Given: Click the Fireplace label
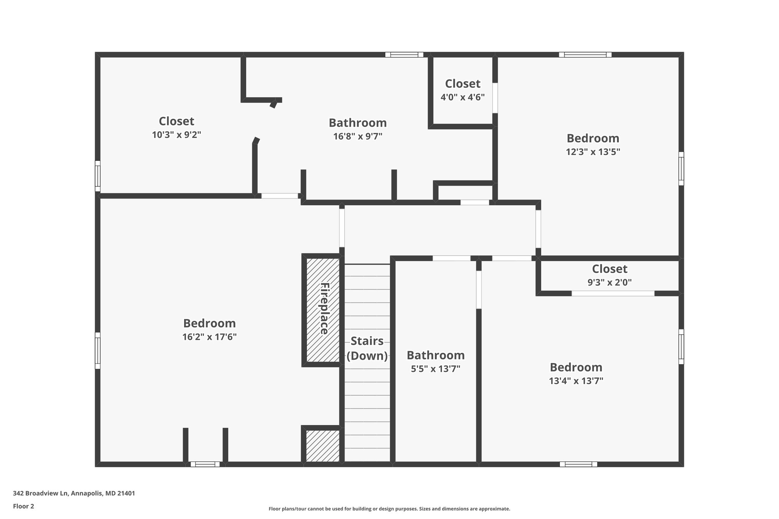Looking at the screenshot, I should (324, 309).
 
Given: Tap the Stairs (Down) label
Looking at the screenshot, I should (367, 348).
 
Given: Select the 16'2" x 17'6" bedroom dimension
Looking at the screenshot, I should (210, 337).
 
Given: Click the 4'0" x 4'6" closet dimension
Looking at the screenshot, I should (463, 97).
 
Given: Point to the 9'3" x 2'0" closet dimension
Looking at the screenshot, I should (609, 283).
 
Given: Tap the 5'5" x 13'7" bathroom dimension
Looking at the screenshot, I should (436, 369).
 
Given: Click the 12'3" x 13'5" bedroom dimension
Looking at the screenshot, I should (593, 152).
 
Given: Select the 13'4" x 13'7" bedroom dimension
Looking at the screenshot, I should (576, 381).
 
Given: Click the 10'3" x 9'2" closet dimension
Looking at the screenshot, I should (176, 135).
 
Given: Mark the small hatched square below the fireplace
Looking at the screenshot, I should (323, 446).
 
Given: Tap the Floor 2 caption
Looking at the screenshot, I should (24, 506).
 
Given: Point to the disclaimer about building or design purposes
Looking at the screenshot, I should (389, 509).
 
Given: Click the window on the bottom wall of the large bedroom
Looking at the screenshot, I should (205, 464).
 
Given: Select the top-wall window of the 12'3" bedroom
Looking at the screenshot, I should (585, 55).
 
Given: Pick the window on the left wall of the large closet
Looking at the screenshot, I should (98, 176).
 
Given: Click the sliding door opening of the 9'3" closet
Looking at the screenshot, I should (613, 294).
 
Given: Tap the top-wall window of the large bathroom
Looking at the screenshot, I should (404, 55).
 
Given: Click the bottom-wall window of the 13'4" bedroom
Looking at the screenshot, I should (578, 464).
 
